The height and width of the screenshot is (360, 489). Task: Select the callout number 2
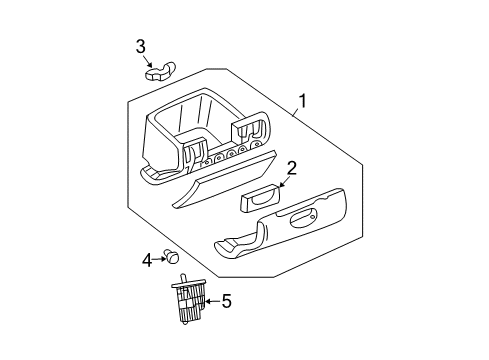[x=291, y=167]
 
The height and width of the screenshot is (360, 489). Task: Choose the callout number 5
[x=226, y=300]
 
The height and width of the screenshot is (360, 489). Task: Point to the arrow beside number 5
[x=209, y=300]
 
